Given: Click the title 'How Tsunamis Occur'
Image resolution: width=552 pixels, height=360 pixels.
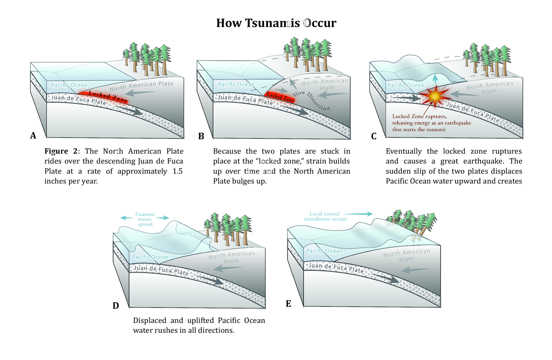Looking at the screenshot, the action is [x=276, y=23].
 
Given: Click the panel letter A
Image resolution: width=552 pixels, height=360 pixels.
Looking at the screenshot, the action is [x=33, y=136].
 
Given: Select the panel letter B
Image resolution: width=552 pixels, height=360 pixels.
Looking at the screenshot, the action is [x=201, y=136].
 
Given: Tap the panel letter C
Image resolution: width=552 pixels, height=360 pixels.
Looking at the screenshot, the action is [x=374, y=136].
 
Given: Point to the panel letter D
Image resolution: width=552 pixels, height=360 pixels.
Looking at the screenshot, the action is [x=116, y=306].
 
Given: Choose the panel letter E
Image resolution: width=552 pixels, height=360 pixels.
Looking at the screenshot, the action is [x=288, y=304].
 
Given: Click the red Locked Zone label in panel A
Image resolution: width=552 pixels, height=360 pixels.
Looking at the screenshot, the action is [x=108, y=96].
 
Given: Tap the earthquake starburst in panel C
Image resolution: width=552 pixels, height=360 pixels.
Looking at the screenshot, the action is [x=435, y=97].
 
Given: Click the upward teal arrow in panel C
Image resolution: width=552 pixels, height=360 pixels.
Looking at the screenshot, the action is [x=435, y=79].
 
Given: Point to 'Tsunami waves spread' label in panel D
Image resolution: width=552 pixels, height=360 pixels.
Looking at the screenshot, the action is [x=144, y=219].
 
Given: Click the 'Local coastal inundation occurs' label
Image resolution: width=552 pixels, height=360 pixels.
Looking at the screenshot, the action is [x=325, y=216].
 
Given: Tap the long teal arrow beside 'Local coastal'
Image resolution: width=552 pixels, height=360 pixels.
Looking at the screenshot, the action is [x=358, y=214].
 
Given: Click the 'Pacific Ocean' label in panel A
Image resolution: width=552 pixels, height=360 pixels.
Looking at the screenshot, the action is [x=69, y=85].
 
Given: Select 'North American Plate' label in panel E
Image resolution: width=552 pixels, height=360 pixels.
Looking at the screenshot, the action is [x=407, y=255].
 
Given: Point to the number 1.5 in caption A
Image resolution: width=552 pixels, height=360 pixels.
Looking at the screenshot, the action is [x=178, y=171].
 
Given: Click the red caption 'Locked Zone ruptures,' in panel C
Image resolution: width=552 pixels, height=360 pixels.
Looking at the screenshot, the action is [x=420, y=116].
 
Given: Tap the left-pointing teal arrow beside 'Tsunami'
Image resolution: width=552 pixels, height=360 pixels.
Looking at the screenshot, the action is [x=126, y=217].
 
